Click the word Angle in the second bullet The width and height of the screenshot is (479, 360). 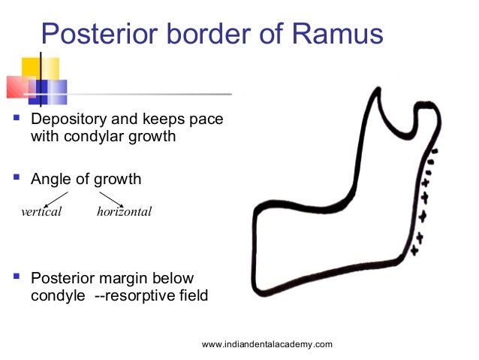click(50, 180)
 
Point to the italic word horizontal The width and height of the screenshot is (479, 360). click(124, 211)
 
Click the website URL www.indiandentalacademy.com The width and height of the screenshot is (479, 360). click(267, 343)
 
